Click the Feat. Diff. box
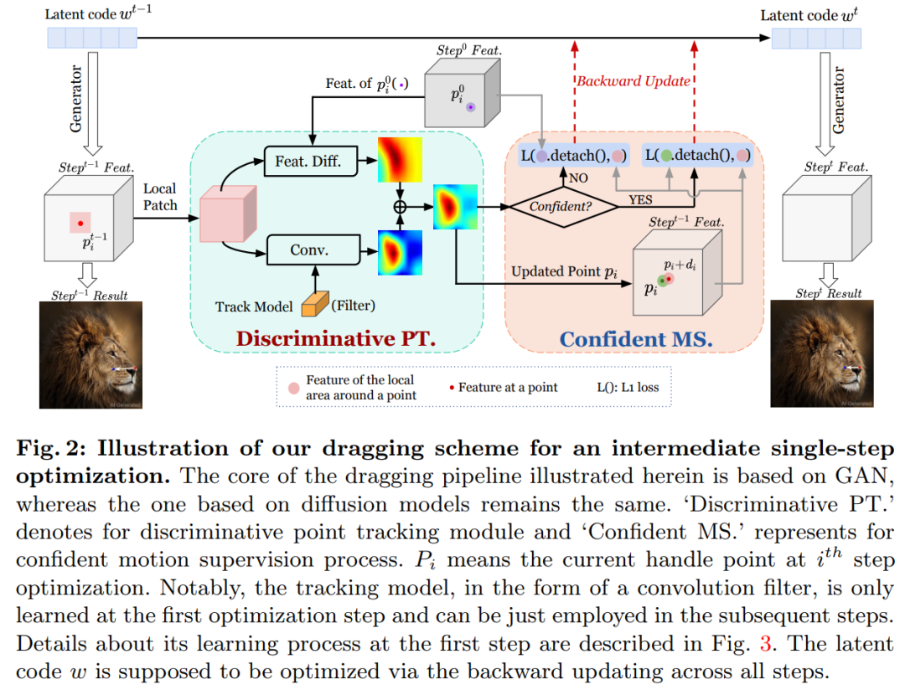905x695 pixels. pyautogui.click(x=309, y=162)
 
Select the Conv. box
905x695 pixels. pyautogui.click(x=309, y=250)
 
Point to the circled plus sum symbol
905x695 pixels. pyautogui.click(x=400, y=205)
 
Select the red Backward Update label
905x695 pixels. pyautogui.click(x=632, y=81)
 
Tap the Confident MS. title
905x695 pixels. pyautogui.click(x=635, y=339)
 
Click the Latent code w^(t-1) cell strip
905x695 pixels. pyautogui.click(x=91, y=38)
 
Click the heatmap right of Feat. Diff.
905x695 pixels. pyautogui.click(x=400, y=160)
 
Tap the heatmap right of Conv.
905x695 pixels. pyautogui.click(x=400, y=252)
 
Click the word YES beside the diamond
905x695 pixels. pyautogui.click(x=641, y=200)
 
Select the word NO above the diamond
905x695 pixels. pyautogui.click(x=578, y=178)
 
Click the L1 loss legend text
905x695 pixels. pyautogui.click(x=628, y=387)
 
